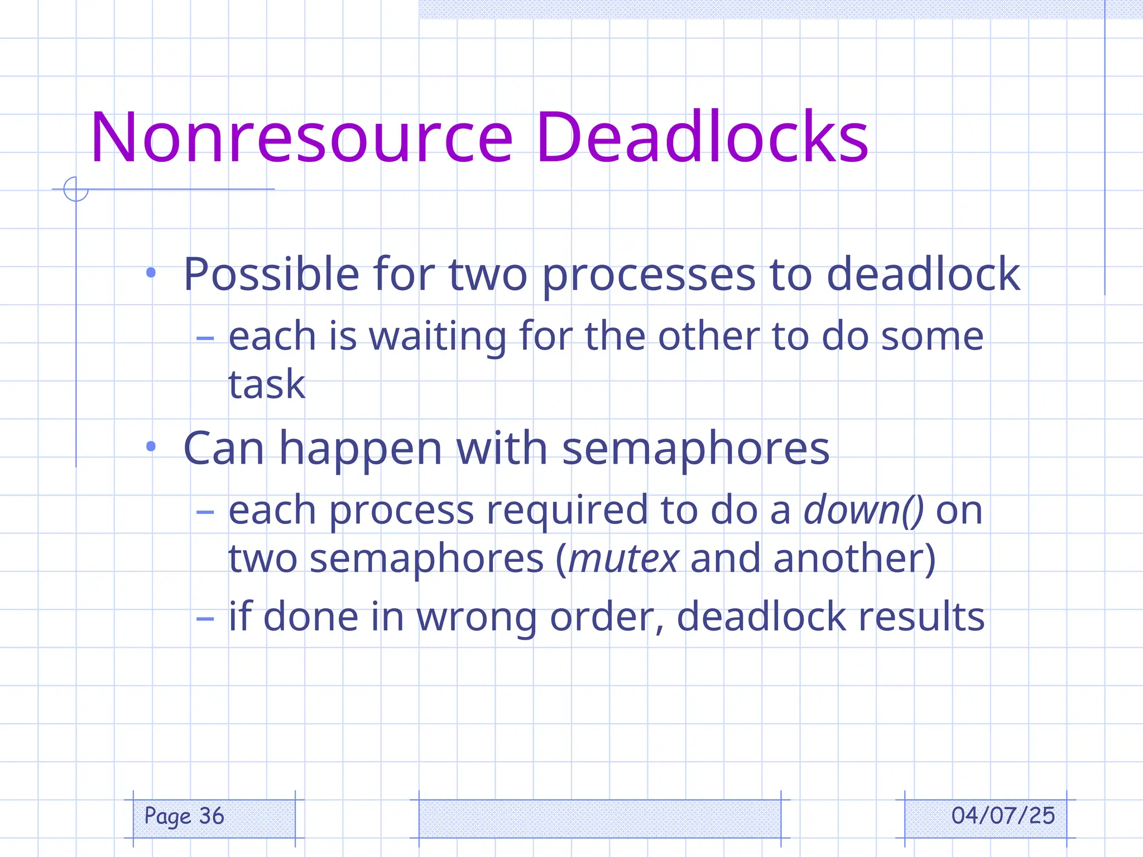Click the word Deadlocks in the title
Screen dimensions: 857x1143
(702, 138)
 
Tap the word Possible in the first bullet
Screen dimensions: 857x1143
(271, 274)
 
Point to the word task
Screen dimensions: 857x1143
(267, 384)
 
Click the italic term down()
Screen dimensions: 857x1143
(863, 510)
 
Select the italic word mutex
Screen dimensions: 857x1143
(623, 559)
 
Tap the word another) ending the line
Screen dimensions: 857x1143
(854, 559)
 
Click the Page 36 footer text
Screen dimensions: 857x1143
(184, 817)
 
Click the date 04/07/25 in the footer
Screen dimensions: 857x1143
(1003, 816)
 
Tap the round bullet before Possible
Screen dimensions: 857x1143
(151, 273)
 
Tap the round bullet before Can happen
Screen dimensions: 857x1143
(151, 446)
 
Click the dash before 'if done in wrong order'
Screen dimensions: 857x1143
(205, 618)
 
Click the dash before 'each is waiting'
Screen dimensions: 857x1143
(205, 338)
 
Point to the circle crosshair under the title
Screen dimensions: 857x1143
(76, 189)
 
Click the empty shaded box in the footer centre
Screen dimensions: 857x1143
(599, 819)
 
